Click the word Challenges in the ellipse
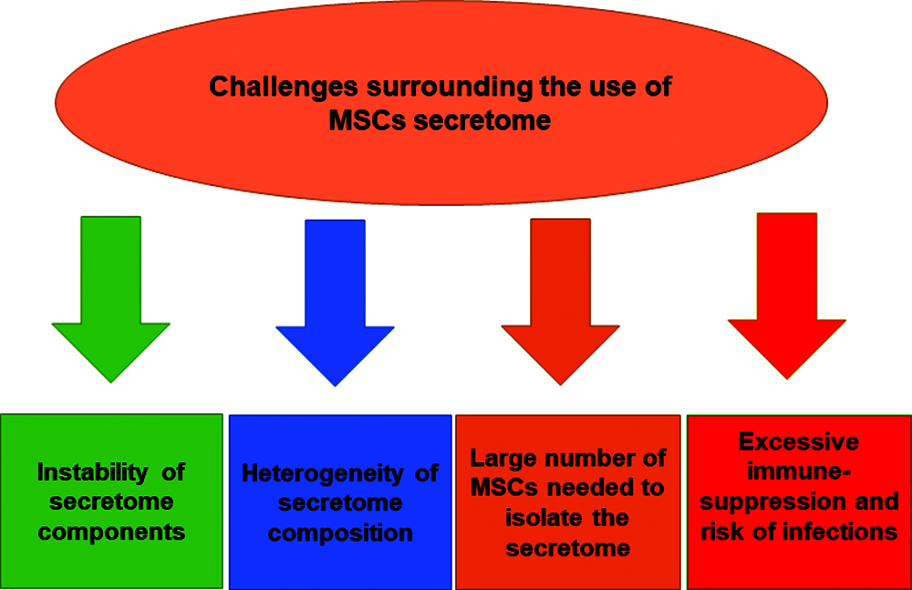284,87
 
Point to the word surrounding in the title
450,87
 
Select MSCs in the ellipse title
367,120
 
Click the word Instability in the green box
92,472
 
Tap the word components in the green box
111,533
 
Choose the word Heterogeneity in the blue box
323,473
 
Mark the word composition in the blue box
340,533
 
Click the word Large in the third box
500,459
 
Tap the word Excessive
799,442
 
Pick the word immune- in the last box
799,471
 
